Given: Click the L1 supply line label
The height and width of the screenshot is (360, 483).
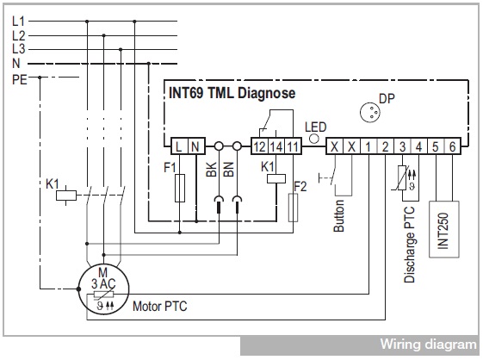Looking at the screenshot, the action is click(x=18, y=22).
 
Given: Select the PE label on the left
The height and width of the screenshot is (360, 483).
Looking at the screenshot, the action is click(x=20, y=79).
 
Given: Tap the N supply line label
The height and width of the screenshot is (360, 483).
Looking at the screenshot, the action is click(x=16, y=64).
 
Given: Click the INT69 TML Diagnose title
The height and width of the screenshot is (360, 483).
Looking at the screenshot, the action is click(x=232, y=93).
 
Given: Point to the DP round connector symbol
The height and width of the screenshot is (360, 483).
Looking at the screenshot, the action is click(x=370, y=112).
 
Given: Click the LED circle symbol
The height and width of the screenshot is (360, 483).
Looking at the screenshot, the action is click(x=314, y=139).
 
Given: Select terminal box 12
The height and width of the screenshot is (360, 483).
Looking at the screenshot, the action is click(x=259, y=146).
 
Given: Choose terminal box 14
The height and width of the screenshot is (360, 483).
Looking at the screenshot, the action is click(x=276, y=146).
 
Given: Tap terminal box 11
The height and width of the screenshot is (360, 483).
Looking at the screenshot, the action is click(x=293, y=146).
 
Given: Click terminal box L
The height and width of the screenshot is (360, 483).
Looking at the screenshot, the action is click(x=179, y=146).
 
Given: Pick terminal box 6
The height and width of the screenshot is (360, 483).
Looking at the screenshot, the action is click(x=452, y=146).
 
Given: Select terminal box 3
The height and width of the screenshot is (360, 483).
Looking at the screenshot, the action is click(x=402, y=146).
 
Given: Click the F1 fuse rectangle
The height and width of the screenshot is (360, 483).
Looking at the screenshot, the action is click(x=180, y=188).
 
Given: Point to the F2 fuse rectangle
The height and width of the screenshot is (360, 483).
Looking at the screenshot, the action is click(x=293, y=208).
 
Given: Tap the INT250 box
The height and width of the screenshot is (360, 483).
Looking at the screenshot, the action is click(x=444, y=229).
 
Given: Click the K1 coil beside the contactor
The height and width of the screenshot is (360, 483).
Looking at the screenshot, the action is click(x=66, y=196).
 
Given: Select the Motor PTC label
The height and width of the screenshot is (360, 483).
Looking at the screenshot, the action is click(x=159, y=307).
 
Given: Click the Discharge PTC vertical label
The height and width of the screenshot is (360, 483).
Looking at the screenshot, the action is click(x=409, y=245).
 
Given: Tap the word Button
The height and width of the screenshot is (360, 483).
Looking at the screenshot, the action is click(x=338, y=216).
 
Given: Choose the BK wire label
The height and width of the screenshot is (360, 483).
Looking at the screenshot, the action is click(x=211, y=169).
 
